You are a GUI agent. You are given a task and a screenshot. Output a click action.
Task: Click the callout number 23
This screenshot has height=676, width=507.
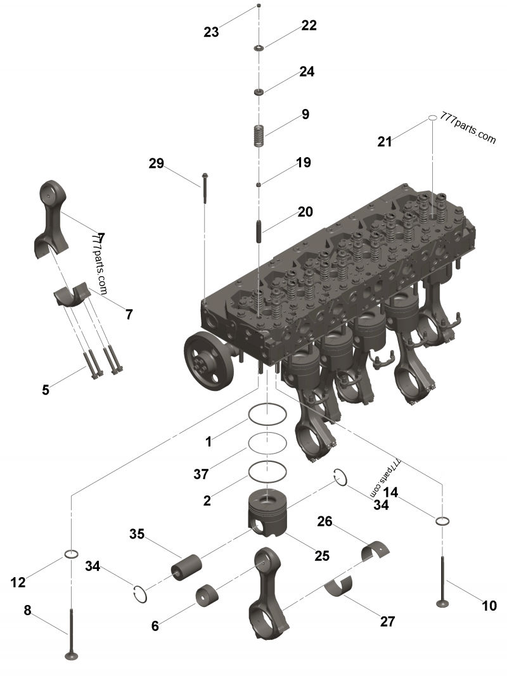point(211,32)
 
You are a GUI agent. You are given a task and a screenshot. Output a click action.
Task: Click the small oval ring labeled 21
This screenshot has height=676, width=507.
point(430,118)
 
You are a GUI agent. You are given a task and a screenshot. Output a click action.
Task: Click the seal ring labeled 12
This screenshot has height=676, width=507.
point(72,555)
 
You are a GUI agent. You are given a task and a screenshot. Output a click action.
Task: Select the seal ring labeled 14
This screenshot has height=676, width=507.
point(442,521)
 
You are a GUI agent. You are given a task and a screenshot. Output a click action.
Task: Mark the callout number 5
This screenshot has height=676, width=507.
point(46,390)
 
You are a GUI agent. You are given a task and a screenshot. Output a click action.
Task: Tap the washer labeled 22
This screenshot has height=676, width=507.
point(259,48)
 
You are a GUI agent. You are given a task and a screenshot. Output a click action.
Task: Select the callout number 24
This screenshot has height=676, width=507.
point(307,72)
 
